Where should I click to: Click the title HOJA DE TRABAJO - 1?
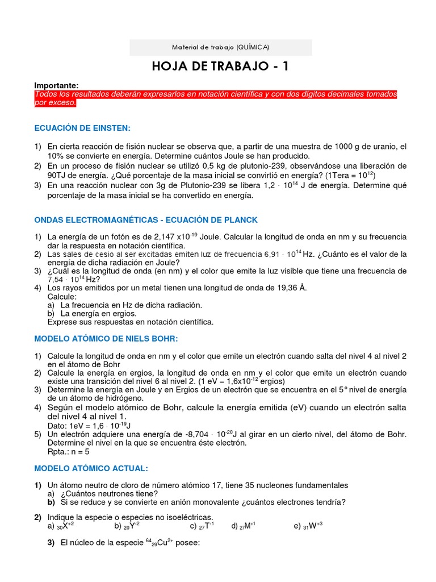[x=220, y=66]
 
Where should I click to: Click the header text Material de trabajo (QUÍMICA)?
[x=220, y=47]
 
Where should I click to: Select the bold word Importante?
[x=56, y=85]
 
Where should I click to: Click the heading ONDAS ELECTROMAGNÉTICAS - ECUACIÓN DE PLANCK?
[x=146, y=219]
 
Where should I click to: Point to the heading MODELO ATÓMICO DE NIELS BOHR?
[x=106, y=339]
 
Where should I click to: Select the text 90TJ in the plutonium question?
[x=58, y=175]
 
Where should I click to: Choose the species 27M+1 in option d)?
[x=247, y=526]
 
